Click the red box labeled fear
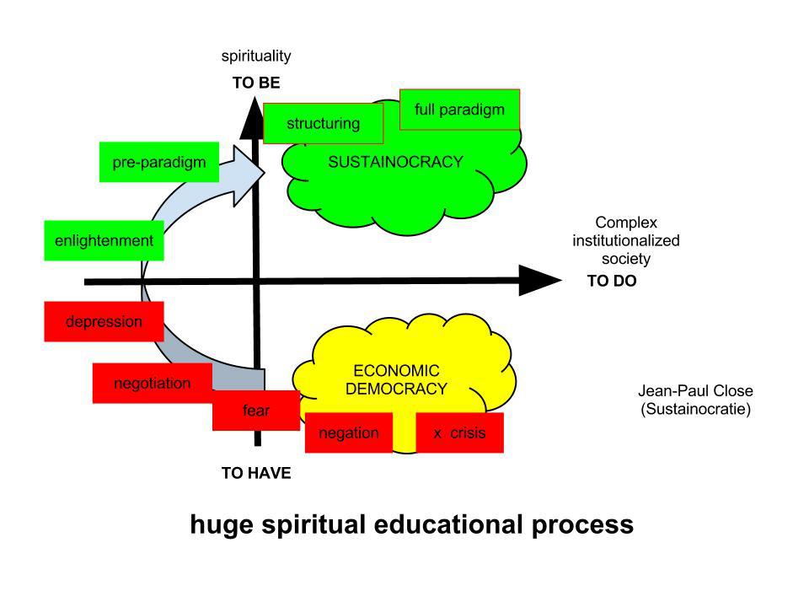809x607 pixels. pos(255,411)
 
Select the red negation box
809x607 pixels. pos(348,432)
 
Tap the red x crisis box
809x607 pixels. pos(459,432)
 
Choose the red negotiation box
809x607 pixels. pos(152,384)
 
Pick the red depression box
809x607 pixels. pos(104,321)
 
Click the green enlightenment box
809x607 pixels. pos(104,240)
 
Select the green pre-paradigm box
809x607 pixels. pos(159,162)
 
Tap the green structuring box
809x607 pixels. pos(323,124)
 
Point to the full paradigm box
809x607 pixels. pos(459,110)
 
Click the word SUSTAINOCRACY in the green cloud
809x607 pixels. pos(395,162)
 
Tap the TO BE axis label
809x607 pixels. pos(256,83)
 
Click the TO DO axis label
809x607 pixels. pos(612,282)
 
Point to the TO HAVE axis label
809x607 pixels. pos(256,473)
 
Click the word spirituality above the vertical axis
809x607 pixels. pos(256,56)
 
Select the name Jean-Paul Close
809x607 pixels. pos(695,391)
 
